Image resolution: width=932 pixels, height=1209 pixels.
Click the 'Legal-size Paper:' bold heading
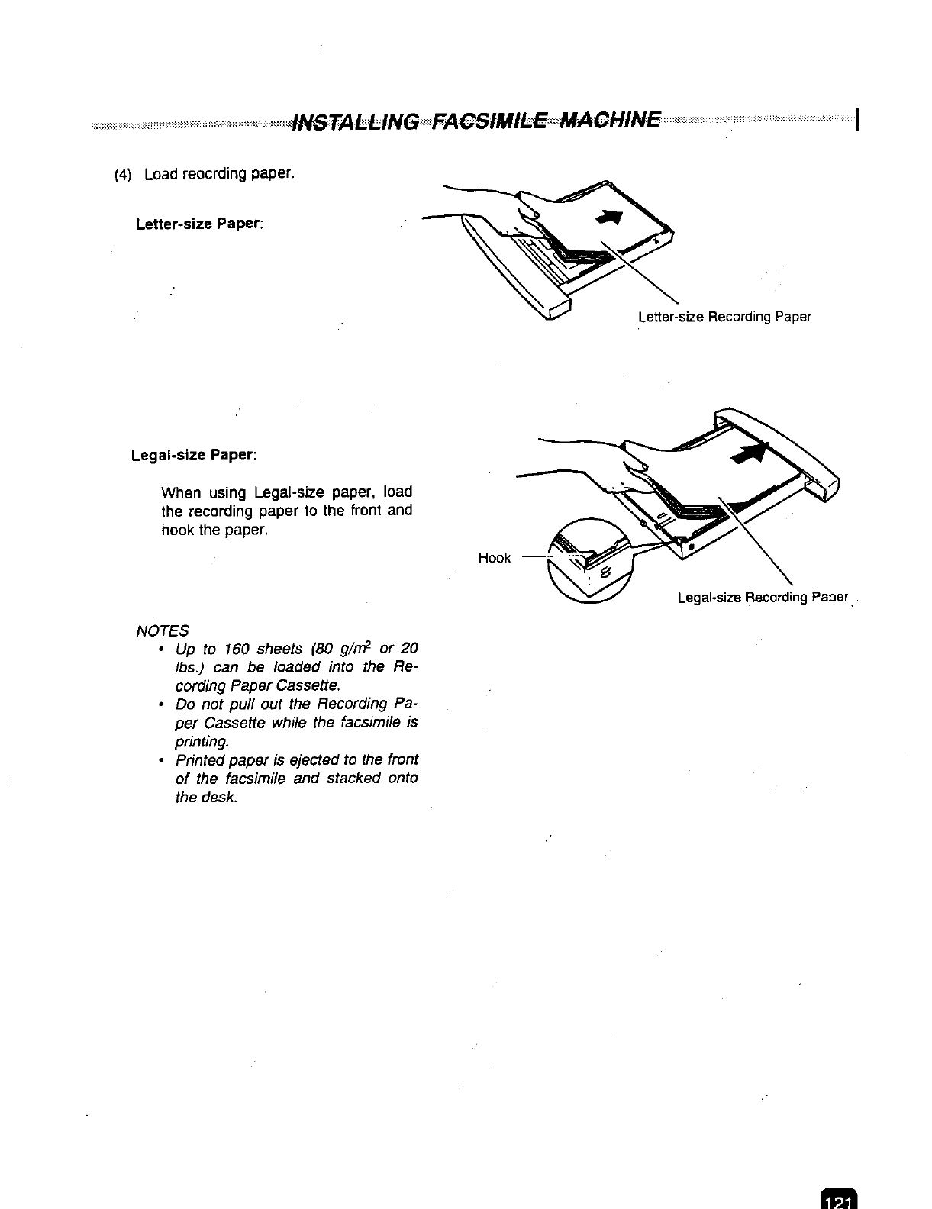click(x=194, y=456)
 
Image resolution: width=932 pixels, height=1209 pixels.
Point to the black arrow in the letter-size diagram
click(x=611, y=218)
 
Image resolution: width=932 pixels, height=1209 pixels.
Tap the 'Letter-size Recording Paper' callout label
click(x=724, y=317)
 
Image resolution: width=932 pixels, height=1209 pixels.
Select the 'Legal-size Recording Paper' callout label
click(x=763, y=597)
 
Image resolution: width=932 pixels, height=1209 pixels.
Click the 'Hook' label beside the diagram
click(x=494, y=558)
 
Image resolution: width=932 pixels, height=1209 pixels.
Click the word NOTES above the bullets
click(x=162, y=630)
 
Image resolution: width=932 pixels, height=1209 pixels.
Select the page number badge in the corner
click(x=837, y=1199)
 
